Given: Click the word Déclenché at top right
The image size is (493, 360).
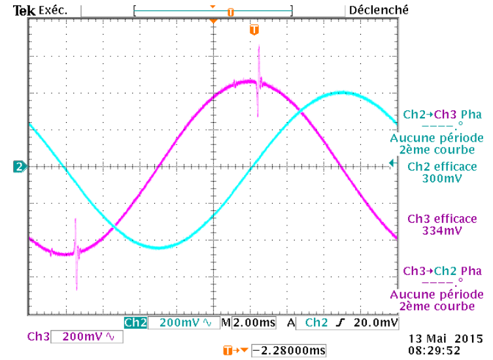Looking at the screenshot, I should click(x=379, y=10).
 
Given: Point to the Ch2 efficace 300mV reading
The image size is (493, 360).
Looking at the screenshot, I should click(x=441, y=172).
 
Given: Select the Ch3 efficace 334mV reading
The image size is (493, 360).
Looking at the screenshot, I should click(x=441, y=225).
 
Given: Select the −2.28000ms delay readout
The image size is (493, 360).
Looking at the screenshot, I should click(x=288, y=351).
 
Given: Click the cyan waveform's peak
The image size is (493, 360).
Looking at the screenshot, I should click(x=341, y=92).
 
